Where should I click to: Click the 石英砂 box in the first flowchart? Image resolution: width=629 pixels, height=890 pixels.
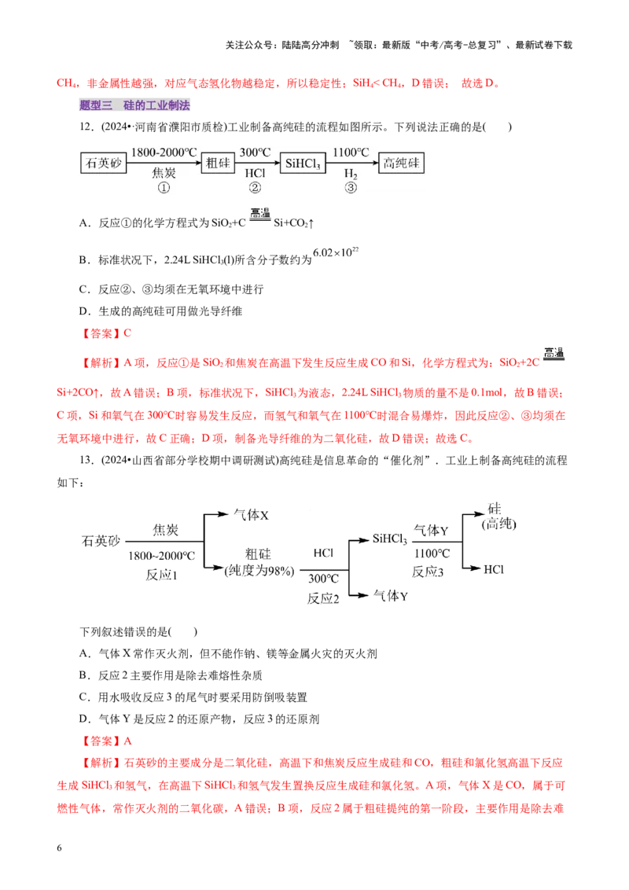[103, 164]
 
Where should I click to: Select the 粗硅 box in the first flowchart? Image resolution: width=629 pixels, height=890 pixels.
[218, 164]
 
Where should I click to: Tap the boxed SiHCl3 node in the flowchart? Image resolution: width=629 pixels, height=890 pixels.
[303, 164]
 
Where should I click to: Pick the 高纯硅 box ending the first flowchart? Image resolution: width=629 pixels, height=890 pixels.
[401, 164]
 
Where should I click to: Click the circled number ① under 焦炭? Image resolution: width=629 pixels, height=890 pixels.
[164, 188]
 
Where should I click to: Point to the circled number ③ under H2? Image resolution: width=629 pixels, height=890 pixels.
[351, 188]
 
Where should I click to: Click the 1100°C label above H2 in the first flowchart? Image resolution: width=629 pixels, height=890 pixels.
[351, 153]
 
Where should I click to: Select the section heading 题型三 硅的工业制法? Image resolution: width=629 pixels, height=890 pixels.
[134, 105]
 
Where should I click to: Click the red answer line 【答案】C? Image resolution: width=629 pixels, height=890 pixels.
[105, 333]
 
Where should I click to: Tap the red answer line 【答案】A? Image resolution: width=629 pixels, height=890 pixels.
[105, 741]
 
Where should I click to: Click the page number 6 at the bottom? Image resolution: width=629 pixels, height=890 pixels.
[59, 848]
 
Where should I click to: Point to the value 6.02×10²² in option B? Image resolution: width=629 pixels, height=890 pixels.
[336, 252]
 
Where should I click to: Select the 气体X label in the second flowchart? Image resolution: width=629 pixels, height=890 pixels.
[251, 515]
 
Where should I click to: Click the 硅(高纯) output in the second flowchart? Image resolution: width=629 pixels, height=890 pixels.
[498, 517]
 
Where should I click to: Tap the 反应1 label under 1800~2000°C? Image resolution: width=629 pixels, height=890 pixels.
[162, 575]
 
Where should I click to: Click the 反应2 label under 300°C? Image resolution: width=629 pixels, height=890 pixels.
[323, 598]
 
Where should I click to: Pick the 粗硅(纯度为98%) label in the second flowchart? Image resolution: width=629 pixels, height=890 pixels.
[259, 562]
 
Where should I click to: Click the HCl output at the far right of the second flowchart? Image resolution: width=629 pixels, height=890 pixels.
[493, 569]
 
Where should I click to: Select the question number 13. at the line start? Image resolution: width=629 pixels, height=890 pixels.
[86, 460]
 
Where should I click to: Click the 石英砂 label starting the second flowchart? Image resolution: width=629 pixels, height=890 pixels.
[101, 541]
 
